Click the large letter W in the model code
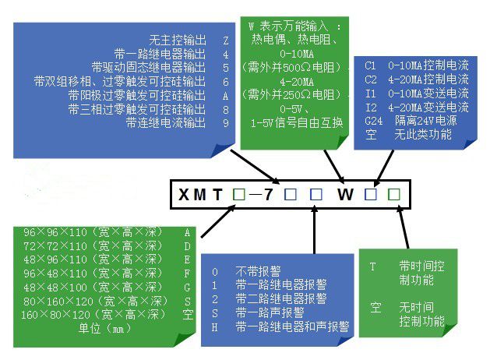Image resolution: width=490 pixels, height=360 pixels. (x=345, y=194)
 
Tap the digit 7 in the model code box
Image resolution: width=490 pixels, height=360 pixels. (x=269, y=194)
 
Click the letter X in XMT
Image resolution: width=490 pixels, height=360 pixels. (x=184, y=194)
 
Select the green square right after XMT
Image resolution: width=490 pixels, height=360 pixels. (x=239, y=194)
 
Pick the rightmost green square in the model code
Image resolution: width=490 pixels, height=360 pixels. (x=393, y=194)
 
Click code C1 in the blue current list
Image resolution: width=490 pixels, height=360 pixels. (x=370, y=65)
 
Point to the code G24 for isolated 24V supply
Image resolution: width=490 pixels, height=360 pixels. (x=373, y=121)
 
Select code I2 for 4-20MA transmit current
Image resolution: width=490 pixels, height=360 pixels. (x=371, y=108)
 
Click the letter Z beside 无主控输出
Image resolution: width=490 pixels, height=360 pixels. (x=226, y=41)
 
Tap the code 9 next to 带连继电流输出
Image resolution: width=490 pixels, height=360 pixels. (x=226, y=123)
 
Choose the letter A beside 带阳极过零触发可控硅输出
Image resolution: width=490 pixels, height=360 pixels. (x=226, y=96)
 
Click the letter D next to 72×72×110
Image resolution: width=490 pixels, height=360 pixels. (x=187, y=246)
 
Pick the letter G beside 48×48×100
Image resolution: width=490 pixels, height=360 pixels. (x=187, y=288)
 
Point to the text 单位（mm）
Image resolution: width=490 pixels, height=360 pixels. (x=104, y=328)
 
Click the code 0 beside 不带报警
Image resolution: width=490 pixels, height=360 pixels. (x=215, y=272)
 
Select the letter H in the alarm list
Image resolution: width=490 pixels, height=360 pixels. (x=215, y=327)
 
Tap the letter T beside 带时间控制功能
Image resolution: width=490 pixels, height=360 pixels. (x=372, y=266)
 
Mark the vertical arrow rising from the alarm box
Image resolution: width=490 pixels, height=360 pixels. (x=315, y=230)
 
